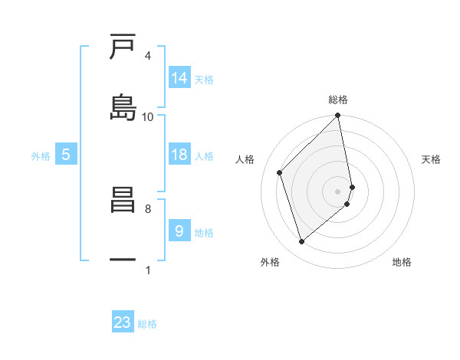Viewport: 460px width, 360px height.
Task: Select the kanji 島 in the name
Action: (x=123, y=106)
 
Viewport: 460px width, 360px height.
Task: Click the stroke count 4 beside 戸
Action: (x=147, y=56)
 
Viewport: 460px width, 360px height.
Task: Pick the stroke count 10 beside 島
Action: (x=147, y=116)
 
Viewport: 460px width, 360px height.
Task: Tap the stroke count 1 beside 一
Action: (x=147, y=270)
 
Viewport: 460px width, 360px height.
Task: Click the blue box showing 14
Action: (x=179, y=77)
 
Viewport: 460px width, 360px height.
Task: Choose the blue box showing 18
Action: (x=179, y=155)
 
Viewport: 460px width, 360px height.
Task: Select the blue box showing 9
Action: (x=179, y=231)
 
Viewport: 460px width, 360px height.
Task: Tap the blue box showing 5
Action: (x=66, y=155)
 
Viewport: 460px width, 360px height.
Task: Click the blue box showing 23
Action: (x=123, y=322)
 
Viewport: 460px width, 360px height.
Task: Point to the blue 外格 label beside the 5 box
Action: (x=41, y=156)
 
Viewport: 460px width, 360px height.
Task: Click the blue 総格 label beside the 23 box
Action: (x=147, y=324)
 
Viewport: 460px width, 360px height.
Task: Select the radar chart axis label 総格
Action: (x=338, y=100)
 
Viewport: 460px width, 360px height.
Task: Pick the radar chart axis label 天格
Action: (x=432, y=159)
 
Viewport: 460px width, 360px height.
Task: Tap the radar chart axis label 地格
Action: (x=402, y=262)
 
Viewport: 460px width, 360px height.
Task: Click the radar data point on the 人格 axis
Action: (x=280, y=172)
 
